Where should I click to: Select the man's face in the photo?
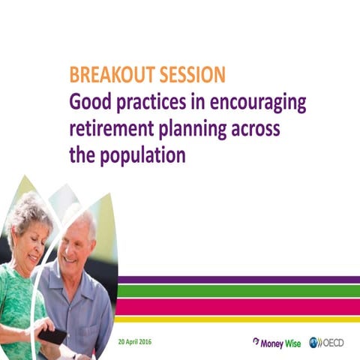79,241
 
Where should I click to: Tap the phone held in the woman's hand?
51,335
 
